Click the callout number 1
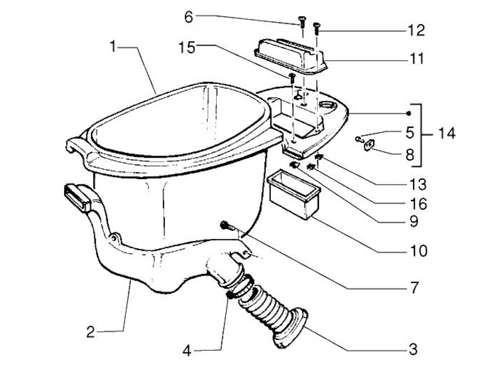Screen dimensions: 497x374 (113, 46)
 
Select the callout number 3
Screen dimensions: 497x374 (413, 349)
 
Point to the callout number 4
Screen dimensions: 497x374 (187, 351)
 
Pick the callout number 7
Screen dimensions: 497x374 (414, 287)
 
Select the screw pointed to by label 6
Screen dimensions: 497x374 (302, 22)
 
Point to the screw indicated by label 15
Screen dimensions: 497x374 (292, 77)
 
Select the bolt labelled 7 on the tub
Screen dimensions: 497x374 (225, 225)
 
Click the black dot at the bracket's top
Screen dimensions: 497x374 (409, 113)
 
